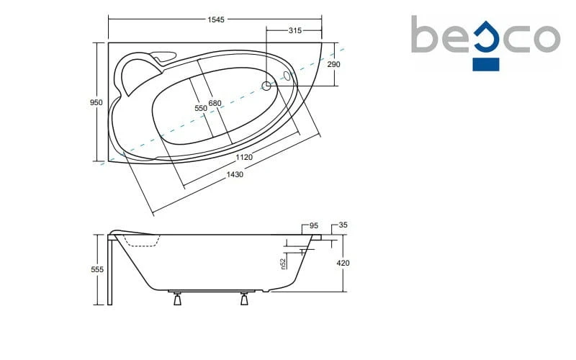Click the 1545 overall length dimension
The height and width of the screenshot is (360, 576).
215,19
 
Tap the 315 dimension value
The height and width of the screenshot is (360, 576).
295,30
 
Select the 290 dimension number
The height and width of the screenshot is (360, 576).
333,64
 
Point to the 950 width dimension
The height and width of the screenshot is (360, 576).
96,102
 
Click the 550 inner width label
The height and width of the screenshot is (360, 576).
201,108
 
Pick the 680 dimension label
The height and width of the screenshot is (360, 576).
215,103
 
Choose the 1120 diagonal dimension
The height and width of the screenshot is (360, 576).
244,157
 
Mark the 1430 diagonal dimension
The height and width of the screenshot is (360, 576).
235,174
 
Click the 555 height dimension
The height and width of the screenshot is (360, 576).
97,269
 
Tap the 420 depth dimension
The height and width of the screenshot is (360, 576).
343,263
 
